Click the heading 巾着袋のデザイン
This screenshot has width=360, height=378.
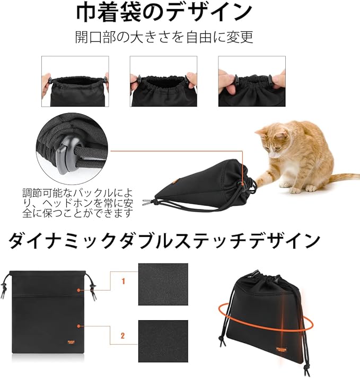coord(164,12)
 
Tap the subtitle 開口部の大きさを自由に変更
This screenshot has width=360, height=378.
coord(164,37)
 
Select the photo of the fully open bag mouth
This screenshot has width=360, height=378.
coord(75,81)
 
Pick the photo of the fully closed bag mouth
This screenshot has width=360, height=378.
coord(252,81)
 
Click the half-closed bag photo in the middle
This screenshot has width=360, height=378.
coord(163,81)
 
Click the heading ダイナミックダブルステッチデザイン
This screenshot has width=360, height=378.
coord(164,241)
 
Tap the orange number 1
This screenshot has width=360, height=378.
coord(123,281)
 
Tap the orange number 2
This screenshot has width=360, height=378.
coord(122,336)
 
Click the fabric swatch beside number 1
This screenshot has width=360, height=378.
coord(163,284)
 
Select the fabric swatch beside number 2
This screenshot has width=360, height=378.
coord(163,341)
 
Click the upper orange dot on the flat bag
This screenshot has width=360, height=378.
coord(78,290)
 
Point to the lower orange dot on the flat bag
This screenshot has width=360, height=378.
coord(78,326)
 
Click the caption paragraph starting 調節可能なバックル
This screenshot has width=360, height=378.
coord(77,203)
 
